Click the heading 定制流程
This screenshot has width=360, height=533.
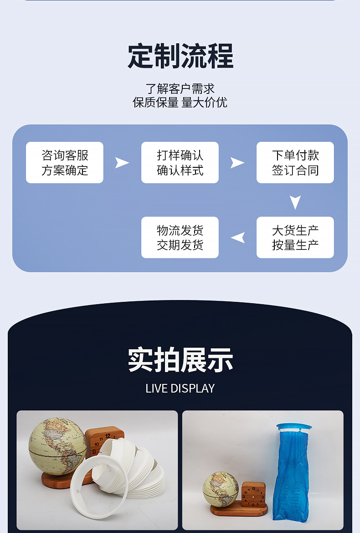coord(180,57)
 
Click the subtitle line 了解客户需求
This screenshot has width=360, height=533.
coord(180,88)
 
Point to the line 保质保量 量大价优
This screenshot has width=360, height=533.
coord(180,102)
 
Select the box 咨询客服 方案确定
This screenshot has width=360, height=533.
coord(65,163)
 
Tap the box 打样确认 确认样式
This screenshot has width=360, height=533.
coord(180,163)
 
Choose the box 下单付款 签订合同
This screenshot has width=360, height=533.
coord(295,163)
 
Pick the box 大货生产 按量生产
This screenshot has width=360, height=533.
coord(295,238)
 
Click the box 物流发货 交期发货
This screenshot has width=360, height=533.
coord(180,238)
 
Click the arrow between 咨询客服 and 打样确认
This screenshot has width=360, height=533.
coord(122,163)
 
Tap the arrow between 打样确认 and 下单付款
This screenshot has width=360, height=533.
coord(237,163)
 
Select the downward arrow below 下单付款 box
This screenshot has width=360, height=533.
coord(295,202)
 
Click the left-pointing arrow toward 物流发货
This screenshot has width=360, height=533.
coord(238,238)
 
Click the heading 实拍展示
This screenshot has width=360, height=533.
coord(180,360)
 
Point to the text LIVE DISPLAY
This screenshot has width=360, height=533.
coord(180,388)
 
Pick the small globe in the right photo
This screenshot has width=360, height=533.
coord(221,489)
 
